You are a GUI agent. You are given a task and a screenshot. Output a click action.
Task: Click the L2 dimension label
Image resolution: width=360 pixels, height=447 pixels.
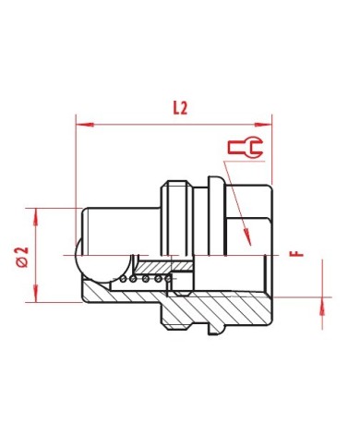click(180, 108)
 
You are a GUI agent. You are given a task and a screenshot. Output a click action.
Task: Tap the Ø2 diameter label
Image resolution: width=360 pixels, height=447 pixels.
click(22, 257)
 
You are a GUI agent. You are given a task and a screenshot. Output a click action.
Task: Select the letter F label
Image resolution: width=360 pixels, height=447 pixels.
click(296, 254)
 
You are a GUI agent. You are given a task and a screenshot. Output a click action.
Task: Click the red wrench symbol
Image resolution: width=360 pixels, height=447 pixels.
click(246, 147)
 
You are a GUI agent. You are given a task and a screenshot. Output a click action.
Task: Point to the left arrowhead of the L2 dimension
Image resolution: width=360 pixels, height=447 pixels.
click(85, 125)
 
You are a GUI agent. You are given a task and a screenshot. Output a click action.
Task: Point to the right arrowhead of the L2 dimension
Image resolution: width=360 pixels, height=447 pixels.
click(263, 125)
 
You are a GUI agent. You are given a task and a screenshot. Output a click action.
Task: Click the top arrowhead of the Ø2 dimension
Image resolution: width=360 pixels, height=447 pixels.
click(36, 217)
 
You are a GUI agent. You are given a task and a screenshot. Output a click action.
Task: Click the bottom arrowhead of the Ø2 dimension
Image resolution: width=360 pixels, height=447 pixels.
click(36, 294)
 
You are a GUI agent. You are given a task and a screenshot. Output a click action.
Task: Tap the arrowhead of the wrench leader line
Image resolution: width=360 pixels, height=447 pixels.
click(247, 237)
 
